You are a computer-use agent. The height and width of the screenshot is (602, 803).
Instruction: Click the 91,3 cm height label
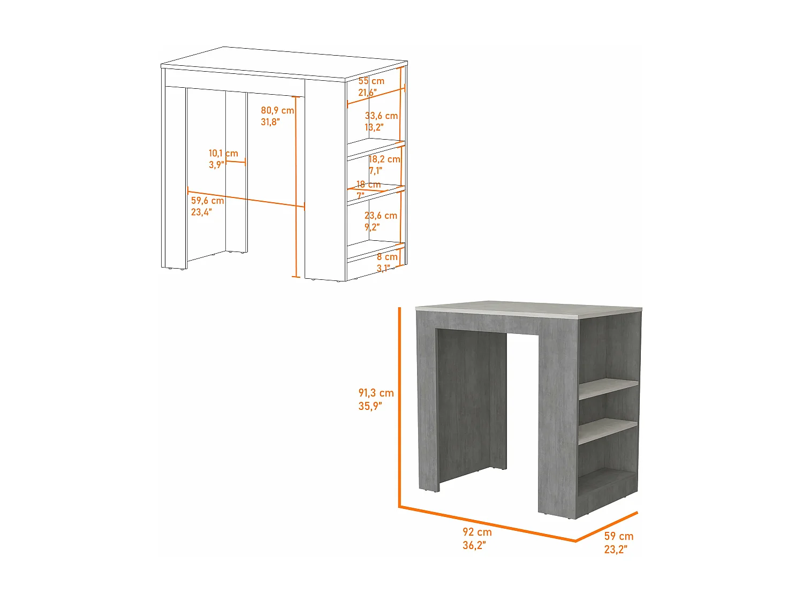pos(376,393)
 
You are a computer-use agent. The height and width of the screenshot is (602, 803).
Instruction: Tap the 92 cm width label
pos(477,532)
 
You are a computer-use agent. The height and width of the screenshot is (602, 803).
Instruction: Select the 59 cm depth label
pos(618,536)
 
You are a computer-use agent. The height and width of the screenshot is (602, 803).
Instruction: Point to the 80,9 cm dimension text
pos(277,110)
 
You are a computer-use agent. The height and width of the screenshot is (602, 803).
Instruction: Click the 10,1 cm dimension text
pos(223,153)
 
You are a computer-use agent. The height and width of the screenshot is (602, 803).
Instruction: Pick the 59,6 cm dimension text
pos(207,201)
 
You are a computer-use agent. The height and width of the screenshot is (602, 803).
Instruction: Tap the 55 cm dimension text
pos(371,81)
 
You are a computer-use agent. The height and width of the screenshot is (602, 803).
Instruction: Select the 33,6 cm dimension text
pos(381,116)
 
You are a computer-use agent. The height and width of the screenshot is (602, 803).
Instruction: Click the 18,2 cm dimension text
pos(384,159)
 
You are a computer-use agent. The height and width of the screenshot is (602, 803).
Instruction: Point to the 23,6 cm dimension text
pos(381,216)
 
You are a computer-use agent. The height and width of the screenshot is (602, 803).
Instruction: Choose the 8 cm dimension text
pos(387,257)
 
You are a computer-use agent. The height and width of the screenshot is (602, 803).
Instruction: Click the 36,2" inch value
pos(474,545)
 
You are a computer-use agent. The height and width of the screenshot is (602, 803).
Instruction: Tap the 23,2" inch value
pos(616,550)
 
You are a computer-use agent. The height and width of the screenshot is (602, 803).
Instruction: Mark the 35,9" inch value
pos(370,406)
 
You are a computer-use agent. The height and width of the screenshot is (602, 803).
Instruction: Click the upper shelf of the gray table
pos(608,388)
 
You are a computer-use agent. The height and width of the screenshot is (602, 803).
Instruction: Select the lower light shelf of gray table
pos(608,430)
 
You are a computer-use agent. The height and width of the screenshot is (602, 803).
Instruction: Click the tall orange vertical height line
pos(399,407)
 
